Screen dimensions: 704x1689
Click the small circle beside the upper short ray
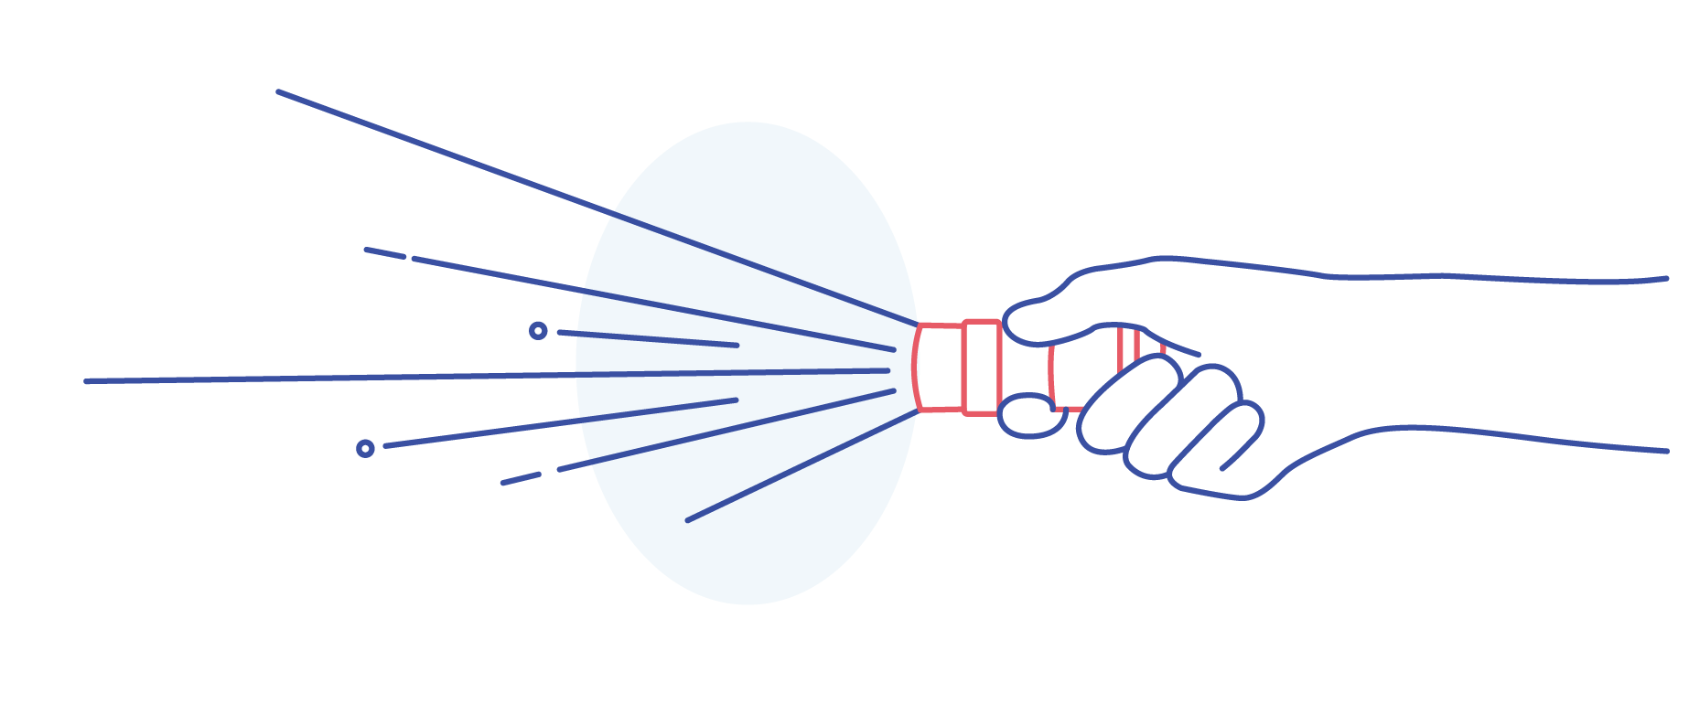point(538,331)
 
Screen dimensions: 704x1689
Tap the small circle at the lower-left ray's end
point(365,448)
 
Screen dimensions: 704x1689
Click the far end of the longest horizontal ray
point(88,381)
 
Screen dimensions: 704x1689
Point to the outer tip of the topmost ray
point(279,91)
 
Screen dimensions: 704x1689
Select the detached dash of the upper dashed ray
point(385,253)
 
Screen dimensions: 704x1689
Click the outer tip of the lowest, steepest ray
point(688,520)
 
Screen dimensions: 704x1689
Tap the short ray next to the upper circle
point(648,338)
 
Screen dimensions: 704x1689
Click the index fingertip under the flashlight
point(1028,416)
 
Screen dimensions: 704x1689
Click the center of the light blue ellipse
point(748,363)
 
